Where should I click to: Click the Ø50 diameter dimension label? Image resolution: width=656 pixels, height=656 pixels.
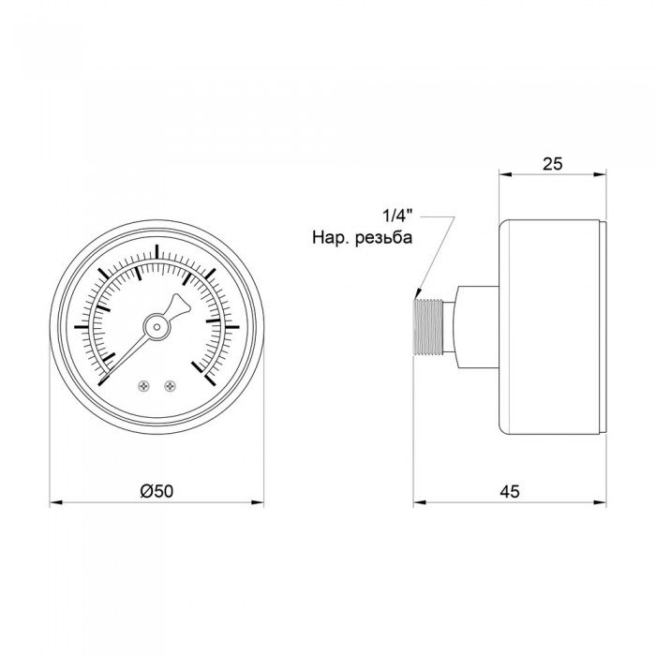click(156, 491)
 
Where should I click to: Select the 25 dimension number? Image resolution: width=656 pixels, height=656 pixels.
click(552, 163)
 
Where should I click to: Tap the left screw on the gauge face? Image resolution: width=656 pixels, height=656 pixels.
click(143, 384)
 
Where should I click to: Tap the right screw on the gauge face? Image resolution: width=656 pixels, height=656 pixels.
click(170, 384)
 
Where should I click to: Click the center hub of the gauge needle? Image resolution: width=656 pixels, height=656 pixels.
click(157, 326)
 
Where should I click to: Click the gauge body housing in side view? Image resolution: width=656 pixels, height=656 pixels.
click(551, 327)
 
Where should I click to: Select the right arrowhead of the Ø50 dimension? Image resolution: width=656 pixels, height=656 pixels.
click(259, 503)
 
